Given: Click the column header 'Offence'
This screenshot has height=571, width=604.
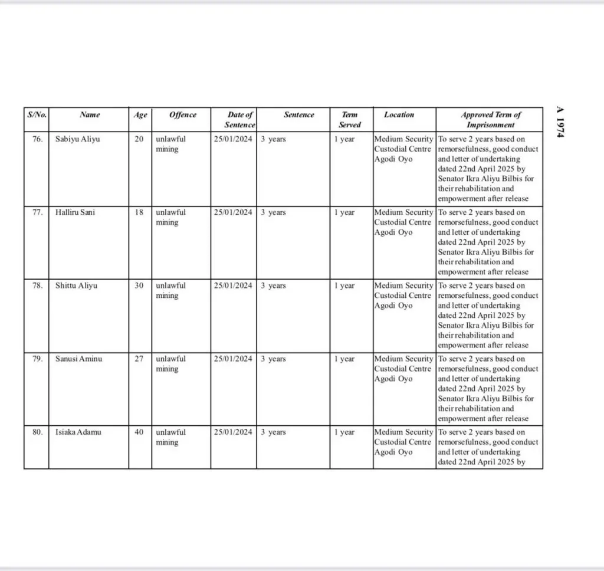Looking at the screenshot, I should click(182, 115).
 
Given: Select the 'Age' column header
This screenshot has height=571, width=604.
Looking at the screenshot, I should click(140, 115).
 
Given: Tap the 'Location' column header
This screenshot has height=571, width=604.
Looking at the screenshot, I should click(399, 115).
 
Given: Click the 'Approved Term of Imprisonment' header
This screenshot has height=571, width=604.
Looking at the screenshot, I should click(491, 120).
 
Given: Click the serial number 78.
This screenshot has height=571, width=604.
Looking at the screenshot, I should click(37, 285).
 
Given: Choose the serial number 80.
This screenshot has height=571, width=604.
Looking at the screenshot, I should click(37, 432).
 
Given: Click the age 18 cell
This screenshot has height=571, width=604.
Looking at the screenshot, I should click(139, 212).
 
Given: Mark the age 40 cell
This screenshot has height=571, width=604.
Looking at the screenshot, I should click(139, 432).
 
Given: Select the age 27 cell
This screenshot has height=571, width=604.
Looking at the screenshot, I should click(139, 359).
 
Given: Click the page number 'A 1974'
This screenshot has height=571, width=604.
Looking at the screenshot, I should click(561, 123).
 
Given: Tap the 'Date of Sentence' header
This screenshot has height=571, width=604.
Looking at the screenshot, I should click(239, 120).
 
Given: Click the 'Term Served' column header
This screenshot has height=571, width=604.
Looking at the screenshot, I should click(350, 120).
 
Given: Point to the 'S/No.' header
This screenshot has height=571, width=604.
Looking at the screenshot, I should click(37, 115).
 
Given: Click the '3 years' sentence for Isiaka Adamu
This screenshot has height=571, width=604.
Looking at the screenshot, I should click(274, 432).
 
